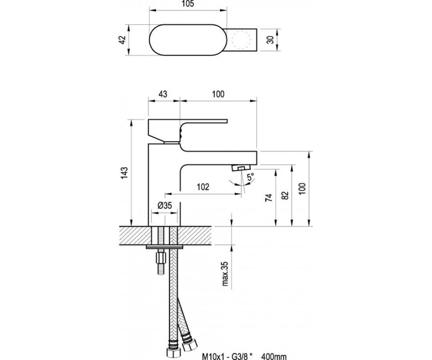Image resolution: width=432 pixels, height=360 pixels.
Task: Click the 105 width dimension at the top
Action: [x=188, y=4]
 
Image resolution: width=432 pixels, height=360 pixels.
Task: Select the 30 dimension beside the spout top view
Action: [x=271, y=40]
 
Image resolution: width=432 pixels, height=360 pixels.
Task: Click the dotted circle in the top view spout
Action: [x=241, y=40]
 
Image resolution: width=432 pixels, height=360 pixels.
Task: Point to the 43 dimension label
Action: [x=163, y=94]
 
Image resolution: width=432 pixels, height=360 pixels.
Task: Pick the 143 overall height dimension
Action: [x=125, y=173]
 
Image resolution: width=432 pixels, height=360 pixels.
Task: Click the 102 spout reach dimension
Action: [x=203, y=187]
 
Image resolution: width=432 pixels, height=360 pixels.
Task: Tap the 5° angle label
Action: [x=250, y=177]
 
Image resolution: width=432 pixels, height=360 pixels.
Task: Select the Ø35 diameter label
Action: [x=164, y=205]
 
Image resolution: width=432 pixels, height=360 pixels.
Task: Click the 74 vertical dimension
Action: [x=269, y=198]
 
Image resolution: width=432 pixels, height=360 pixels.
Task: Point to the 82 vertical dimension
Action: [x=285, y=195]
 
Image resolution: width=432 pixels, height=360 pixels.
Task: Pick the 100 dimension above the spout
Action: [x=218, y=94]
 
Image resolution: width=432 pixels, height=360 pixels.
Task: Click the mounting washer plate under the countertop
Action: [x=164, y=247]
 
